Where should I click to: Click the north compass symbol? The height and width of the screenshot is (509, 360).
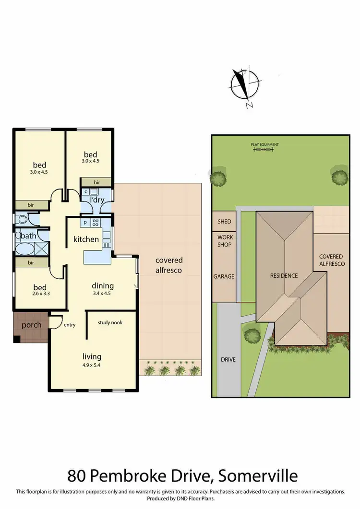point(245,87)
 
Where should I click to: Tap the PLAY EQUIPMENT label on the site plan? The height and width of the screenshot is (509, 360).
point(264,145)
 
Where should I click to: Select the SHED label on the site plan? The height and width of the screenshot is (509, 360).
point(224,222)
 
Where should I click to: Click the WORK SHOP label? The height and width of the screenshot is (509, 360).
point(224,241)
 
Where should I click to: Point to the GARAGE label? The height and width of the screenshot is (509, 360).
point(224,276)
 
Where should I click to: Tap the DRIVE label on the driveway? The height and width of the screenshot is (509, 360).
point(228,359)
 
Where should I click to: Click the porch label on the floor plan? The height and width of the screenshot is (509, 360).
point(31,325)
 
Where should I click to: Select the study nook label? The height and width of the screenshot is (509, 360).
point(110,322)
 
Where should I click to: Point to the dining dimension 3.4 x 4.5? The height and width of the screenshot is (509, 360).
point(101,294)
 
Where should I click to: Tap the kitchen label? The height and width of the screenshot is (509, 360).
point(86,239)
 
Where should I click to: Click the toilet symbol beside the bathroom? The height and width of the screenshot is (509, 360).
point(22,220)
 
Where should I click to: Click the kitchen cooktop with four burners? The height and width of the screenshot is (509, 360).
point(95,223)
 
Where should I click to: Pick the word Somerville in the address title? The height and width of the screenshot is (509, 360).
point(258,476)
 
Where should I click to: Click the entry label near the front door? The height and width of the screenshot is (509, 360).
point(70,325)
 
